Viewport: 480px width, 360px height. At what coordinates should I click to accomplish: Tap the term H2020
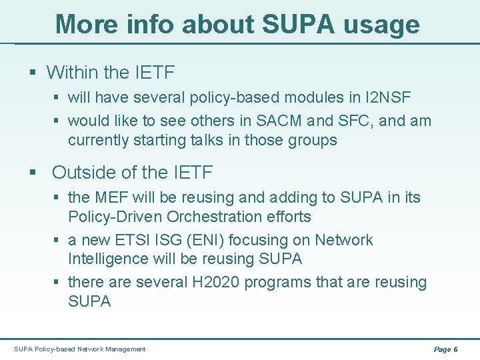219,282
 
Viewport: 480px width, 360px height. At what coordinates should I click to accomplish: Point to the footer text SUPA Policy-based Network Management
79,349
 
